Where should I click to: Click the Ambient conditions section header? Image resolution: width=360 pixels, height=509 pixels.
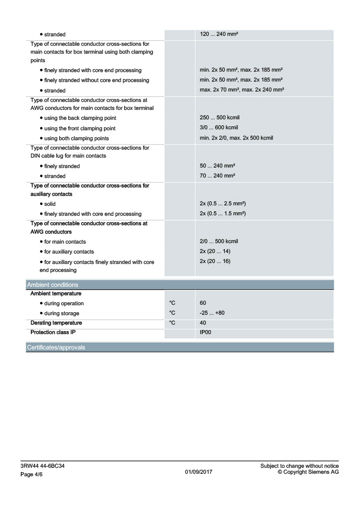coord(52,285)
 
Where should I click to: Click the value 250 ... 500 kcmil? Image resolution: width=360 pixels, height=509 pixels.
coord(219,118)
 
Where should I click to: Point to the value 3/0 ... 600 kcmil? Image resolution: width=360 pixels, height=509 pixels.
coord(219,128)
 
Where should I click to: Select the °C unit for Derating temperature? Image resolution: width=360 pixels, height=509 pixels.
coord(172,323)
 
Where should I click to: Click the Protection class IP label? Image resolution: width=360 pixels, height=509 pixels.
coord(53,332)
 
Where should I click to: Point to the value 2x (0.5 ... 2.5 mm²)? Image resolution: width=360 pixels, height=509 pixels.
coord(223,204)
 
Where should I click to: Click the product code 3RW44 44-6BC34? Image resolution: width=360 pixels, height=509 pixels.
coord(42,466)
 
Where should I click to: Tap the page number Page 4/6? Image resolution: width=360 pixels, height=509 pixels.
coord(34,475)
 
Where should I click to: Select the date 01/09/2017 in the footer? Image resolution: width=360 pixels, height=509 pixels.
coord(198,472)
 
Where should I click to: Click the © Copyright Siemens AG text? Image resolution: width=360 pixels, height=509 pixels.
coord(308,472)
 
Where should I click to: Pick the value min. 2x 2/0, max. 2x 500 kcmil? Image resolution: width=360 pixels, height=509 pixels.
coord(236,138)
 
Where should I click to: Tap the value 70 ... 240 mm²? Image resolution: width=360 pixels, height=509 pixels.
coord(217,176)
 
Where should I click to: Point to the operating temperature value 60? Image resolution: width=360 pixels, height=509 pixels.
coord(203,303)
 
